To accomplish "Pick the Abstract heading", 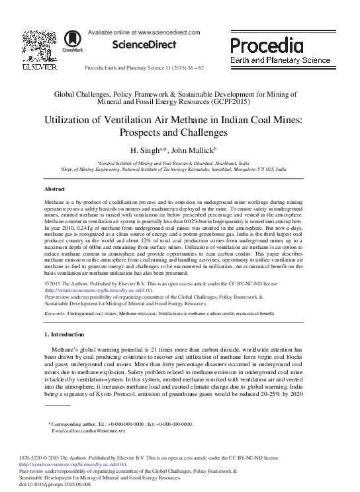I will pyautogui.click(x=54, y=189).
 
